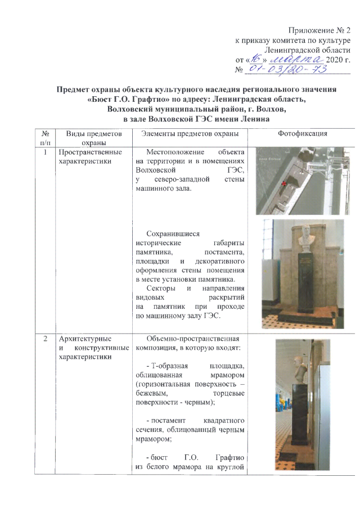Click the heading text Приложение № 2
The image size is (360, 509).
[319, 29]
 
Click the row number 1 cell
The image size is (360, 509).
[44, 152]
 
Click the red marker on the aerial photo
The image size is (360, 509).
[283, 184]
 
